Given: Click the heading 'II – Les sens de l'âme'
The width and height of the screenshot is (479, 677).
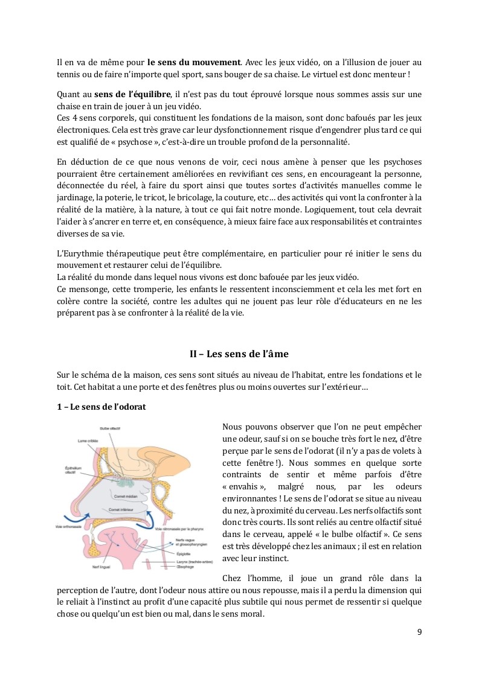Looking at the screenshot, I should click(x=239, y=354).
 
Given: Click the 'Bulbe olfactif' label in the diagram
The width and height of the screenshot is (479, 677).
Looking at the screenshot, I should click(x=111, y=428).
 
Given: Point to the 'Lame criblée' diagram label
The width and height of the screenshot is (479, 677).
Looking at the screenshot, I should click(x=87, y=442).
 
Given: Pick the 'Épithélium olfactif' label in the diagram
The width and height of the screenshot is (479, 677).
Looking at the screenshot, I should click(x=73, y=470).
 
